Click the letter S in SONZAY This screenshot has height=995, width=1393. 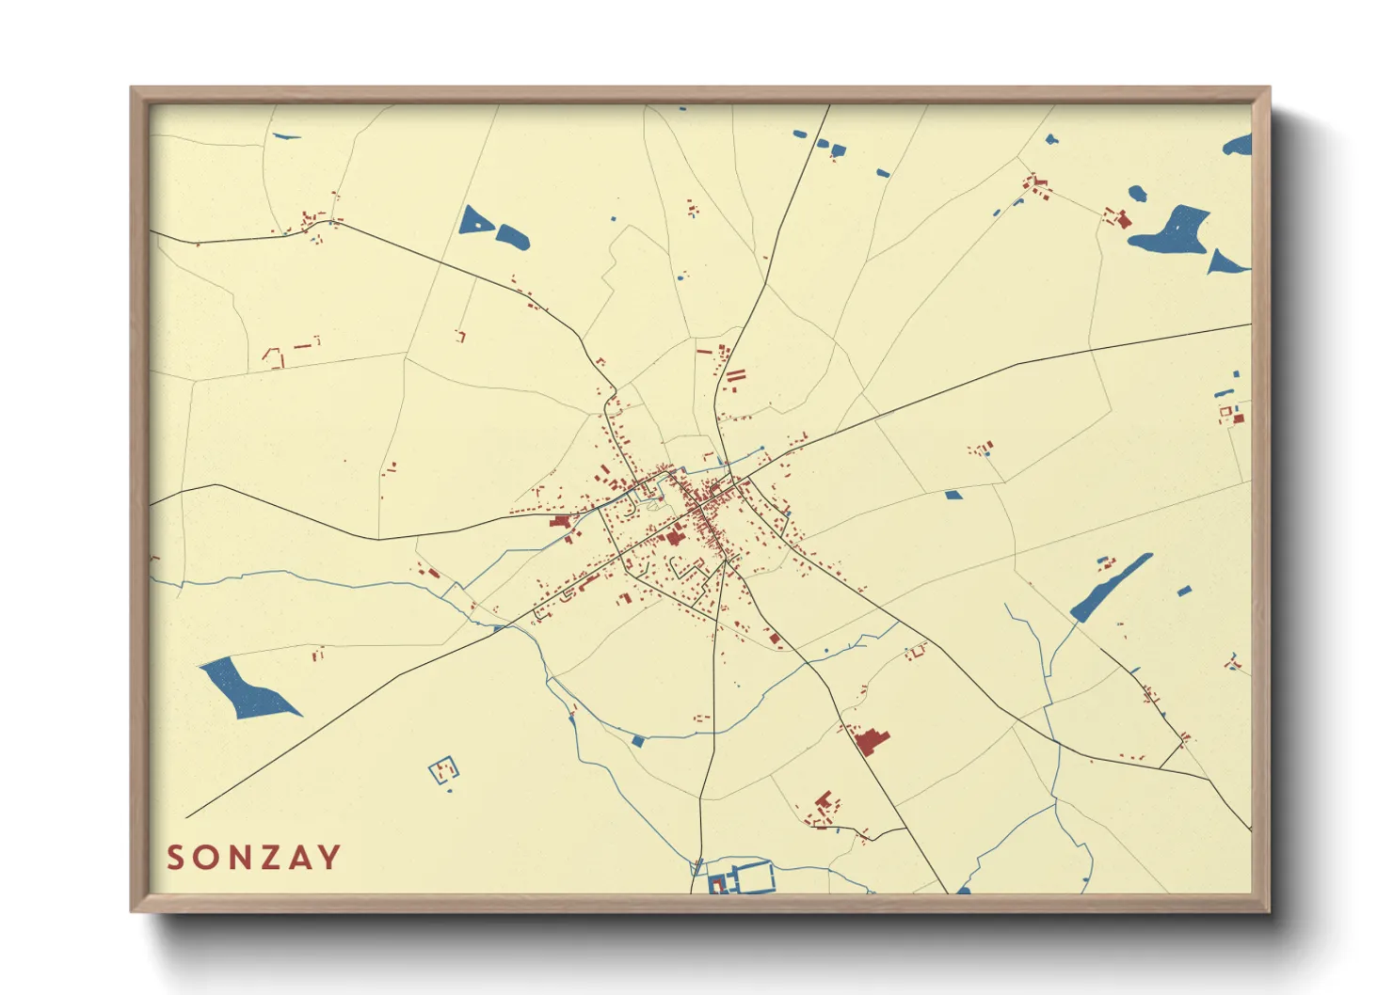pyautogui.click(x=176, y=858)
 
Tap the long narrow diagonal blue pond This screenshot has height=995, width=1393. pyautogui.click(x=1111, y=587)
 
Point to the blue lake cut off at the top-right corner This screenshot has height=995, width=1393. pyautogui.click(x=1239, y=146)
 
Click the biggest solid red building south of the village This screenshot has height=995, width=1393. pyautogui.click(x=872, y=741)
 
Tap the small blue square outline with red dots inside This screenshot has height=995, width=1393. pyautogui.click(x=444, y=771)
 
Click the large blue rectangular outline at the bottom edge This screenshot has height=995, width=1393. pyautogui.click(x=754, y=877)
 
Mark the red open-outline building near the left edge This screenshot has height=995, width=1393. pyautogui.click(x=274, y=357)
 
